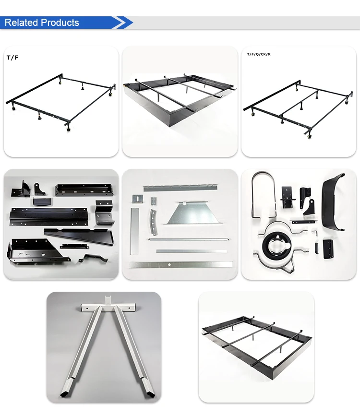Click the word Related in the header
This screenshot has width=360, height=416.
[x=22, y=23]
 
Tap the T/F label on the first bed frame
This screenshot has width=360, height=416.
[x=12, y=58]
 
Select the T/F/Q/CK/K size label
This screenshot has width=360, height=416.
[x=259, y=54]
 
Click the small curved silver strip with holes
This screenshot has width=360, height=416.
[x=154, y=222]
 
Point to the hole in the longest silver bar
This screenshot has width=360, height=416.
[x=169, y=264]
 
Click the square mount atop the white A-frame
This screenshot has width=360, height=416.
[x=108, y=300]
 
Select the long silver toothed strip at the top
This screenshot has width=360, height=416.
[x=180, y=187]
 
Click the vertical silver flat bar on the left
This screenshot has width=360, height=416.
[x=134, y=231]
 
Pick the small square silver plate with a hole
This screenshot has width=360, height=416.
[x=138, y=199]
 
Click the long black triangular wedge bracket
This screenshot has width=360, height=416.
[x=79, y=236]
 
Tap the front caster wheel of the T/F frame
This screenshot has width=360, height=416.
[x=69, y=130]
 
